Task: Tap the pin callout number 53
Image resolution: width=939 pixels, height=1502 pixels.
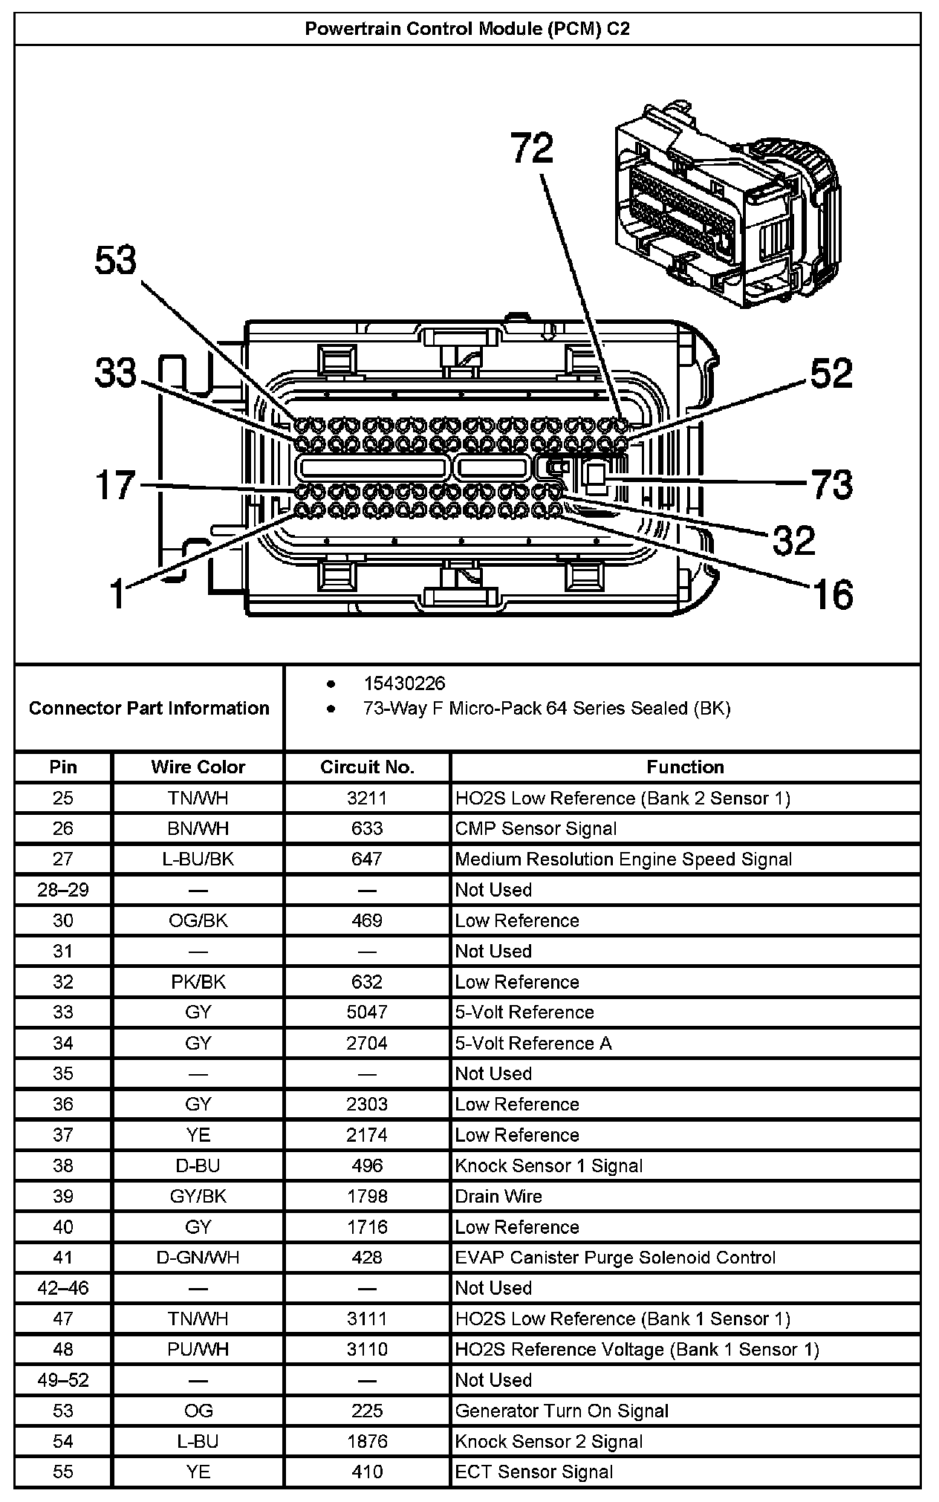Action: coord(116,261)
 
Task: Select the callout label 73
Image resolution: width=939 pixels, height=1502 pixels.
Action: coord(831,485)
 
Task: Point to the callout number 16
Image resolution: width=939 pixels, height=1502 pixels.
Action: coord(832,594)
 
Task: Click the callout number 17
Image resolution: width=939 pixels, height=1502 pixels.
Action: coord(116,486)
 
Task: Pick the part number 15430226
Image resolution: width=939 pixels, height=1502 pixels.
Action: coord(404,683)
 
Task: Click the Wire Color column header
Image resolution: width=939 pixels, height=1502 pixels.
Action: coord(198,767)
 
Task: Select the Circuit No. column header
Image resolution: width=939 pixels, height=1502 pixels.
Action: coord(367,767)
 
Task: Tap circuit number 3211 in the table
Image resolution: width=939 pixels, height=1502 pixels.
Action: coord(367,798)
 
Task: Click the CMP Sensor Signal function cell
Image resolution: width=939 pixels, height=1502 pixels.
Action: coord(536,828)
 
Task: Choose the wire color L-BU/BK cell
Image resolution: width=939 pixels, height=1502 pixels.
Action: coord(198,859)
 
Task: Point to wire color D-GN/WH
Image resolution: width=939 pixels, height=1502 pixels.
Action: coord(198,1258)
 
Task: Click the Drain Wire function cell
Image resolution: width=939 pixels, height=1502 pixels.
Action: coord(498,1196)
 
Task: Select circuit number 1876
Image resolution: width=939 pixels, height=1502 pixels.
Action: coord(367,1441)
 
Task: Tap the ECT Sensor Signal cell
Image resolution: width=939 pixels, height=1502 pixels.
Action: coord(534,1472)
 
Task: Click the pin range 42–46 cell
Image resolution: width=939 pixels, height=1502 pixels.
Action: coord(63,1288)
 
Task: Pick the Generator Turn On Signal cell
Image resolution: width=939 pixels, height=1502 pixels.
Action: coord(562,1411)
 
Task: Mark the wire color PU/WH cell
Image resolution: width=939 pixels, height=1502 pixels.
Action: coord(198,1349)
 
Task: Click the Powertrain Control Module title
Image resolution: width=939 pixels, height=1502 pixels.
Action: coord(468,29)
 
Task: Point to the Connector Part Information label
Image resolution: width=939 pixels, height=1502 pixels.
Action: coord(149,708)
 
